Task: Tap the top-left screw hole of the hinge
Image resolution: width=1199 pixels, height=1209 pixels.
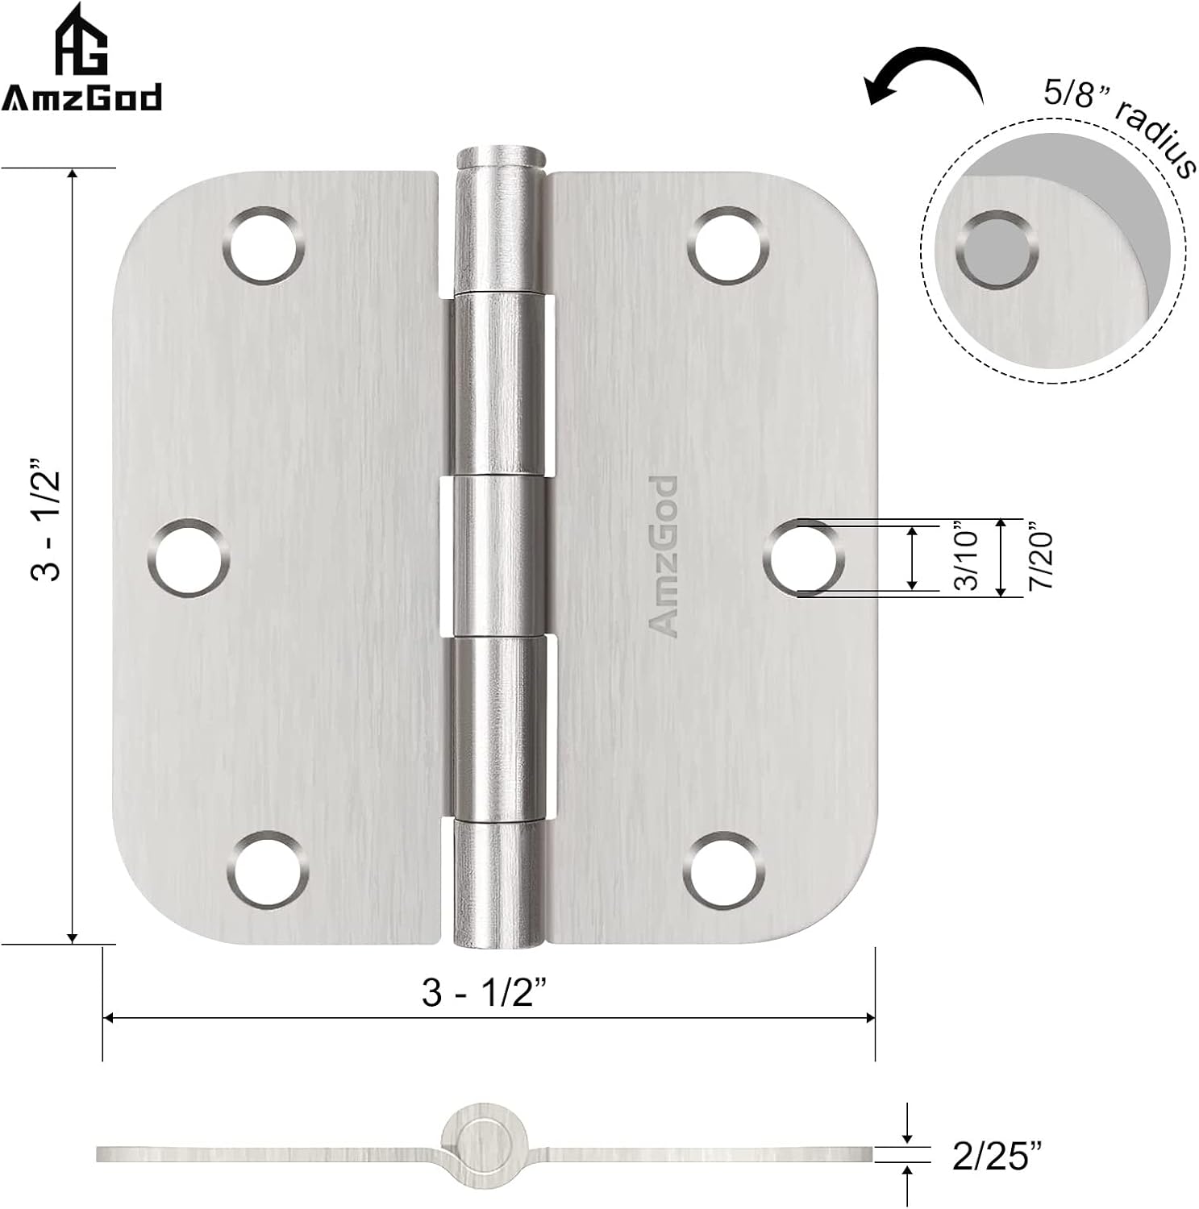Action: tap(265, 244)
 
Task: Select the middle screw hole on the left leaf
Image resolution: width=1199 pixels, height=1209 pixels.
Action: tap(189, 558)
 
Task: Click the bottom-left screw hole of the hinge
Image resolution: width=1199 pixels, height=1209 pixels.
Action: tap(268, 870)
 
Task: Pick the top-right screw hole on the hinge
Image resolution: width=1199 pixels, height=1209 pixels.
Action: tap(726, 244)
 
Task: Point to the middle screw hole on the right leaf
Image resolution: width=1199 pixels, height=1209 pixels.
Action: tap(802, 556)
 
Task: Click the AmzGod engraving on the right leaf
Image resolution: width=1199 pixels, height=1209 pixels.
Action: tap(664, 556)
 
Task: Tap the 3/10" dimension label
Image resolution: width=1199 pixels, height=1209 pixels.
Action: tap(965, 558)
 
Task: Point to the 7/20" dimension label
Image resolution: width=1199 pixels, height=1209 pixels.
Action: tap(1040, 558)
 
